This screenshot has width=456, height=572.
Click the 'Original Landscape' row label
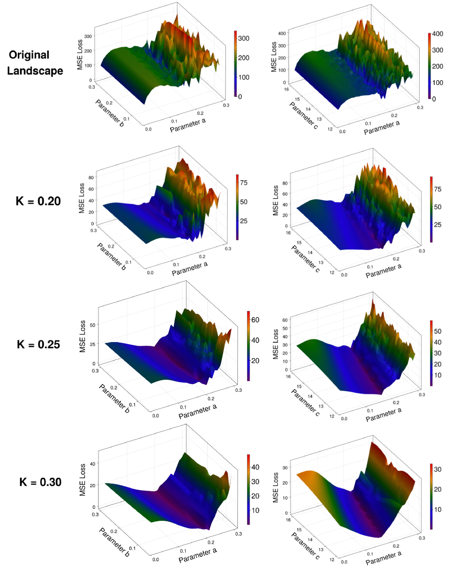[35, 63]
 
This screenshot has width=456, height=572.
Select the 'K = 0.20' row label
[38, 201]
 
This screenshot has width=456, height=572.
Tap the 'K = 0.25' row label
[39, 344]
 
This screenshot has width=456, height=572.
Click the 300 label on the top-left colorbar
[244, 39]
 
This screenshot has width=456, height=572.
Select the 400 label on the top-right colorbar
[438, 34]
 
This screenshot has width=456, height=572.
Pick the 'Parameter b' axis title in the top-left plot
[109, 113]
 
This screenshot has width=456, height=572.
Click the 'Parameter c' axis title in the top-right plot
[303, 116]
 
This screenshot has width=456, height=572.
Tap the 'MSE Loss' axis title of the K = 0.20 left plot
[82, 198]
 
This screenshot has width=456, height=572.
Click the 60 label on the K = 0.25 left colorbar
[255, 320]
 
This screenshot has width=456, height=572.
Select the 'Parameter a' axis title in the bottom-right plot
[383, 558]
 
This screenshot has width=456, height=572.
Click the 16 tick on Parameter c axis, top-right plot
[286, 89]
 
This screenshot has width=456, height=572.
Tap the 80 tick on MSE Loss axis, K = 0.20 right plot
[285, 183]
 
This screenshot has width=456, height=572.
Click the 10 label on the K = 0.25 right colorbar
[438, 375]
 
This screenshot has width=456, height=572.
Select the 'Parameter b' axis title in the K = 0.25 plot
[114, 398]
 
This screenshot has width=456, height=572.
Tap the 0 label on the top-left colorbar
[240, 97]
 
